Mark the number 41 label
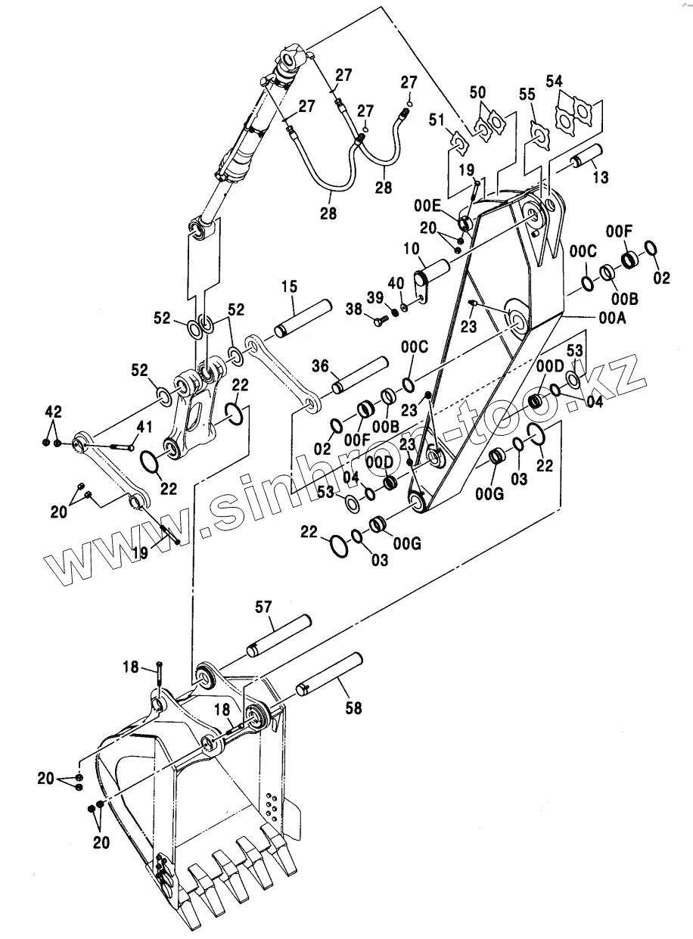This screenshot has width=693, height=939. [x=145, y=428]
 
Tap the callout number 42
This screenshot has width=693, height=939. [x=52, y=411]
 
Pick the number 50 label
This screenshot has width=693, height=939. [x=478, y=92]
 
